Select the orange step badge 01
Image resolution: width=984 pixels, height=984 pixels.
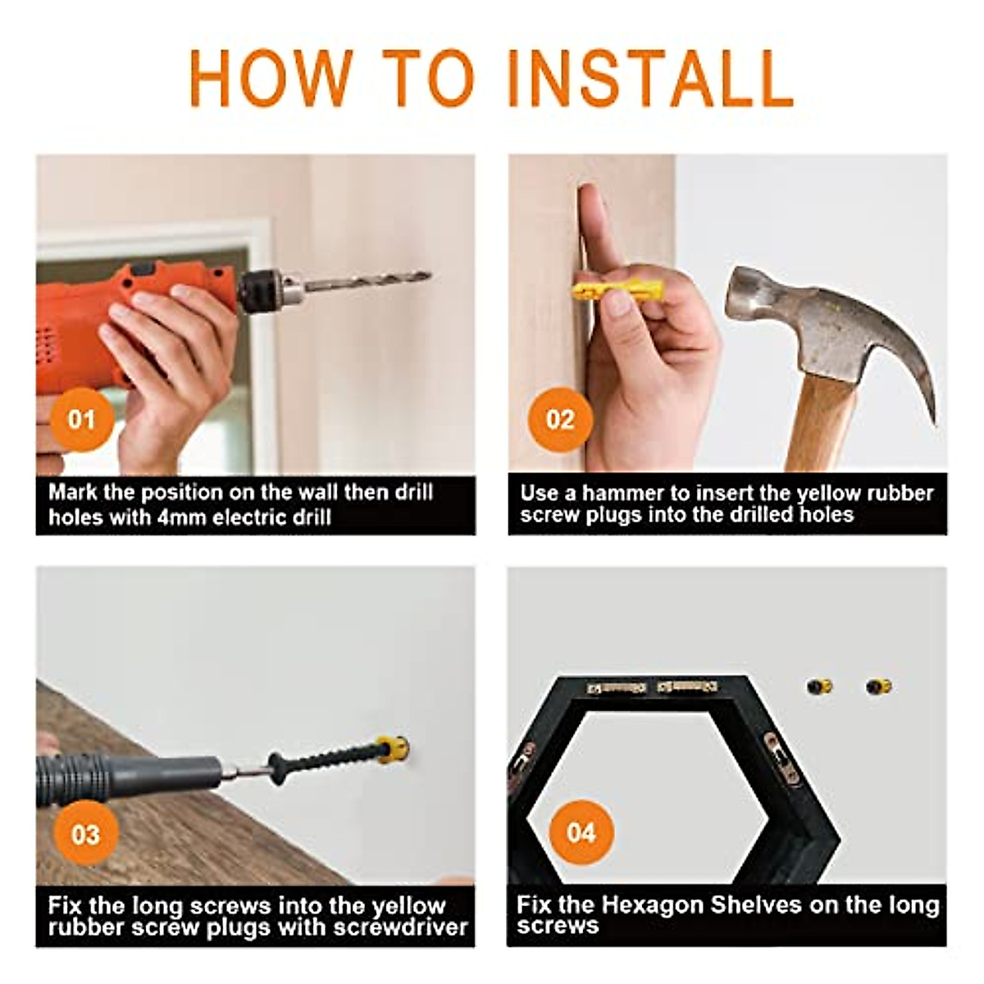pos(82,420)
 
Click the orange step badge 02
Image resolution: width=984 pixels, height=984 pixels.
pos(560,420)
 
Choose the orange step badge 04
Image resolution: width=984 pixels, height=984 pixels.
pos(581,833)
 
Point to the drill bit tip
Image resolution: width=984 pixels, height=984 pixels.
pos(430,276)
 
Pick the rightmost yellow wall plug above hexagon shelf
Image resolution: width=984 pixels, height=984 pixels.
pos(878,686)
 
